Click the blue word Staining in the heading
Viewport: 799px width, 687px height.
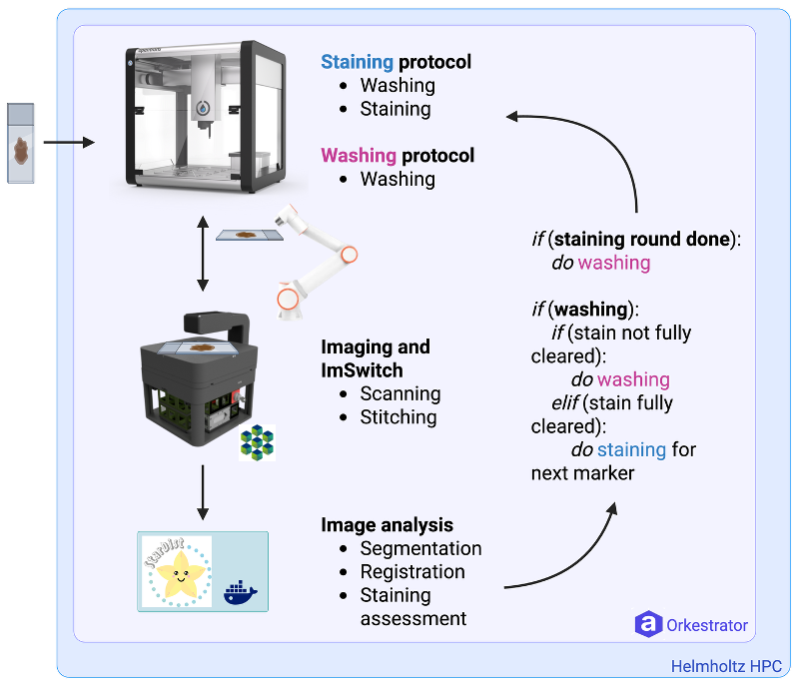(358, 62)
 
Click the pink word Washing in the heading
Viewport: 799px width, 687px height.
(359, 156)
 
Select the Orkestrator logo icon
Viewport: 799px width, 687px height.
(649, 625)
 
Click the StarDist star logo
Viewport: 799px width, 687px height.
(177, 573)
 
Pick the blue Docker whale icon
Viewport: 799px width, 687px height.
(240, 593)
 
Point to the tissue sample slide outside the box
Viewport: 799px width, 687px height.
(21, 144)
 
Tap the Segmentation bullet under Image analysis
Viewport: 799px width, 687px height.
(420, 548)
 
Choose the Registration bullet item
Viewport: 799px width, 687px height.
(412, 572)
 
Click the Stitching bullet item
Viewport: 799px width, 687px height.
(399, 417)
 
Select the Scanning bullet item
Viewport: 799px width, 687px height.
(400, 393)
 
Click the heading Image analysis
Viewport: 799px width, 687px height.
(387, 524)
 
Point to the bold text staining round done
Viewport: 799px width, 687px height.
(638, 240)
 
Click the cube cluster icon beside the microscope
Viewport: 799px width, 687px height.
(257, 441)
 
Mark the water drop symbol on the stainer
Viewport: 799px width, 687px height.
(204, 107)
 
